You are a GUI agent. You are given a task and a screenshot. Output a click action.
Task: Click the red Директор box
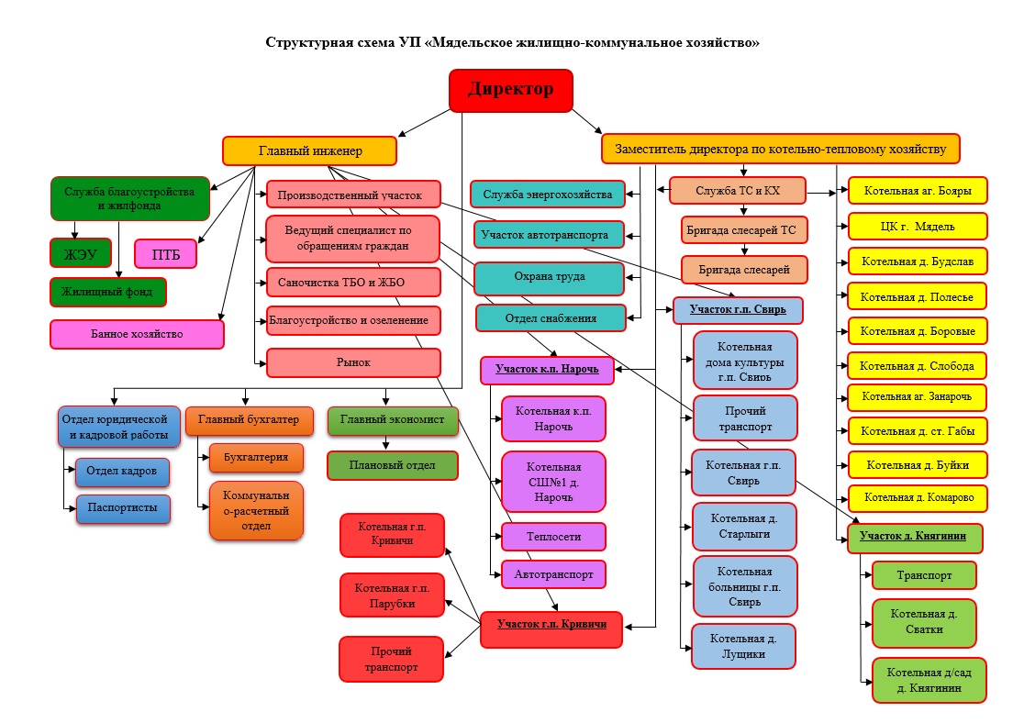511,90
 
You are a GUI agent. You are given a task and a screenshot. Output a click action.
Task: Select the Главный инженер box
310,150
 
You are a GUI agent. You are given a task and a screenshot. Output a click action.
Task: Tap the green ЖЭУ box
80,252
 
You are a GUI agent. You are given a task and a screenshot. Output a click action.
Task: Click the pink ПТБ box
166,253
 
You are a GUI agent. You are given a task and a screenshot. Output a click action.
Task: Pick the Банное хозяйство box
137,334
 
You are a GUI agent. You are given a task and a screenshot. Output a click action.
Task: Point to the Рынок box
353,362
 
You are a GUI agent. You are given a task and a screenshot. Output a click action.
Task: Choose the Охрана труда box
550,276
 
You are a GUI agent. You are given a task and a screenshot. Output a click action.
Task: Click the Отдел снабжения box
550,318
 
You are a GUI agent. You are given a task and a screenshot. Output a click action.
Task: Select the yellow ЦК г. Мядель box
917,226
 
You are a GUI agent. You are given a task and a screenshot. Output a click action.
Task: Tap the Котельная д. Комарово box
917,498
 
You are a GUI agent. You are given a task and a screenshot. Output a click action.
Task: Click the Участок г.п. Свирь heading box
738,310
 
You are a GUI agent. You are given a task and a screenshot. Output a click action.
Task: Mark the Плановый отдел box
392,464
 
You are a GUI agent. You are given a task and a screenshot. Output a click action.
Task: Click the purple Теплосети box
553,536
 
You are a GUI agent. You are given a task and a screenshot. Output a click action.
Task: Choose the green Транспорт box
923,575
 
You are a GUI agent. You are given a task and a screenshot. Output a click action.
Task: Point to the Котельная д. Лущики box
744,646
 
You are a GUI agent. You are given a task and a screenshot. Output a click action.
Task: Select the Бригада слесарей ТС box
744,228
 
